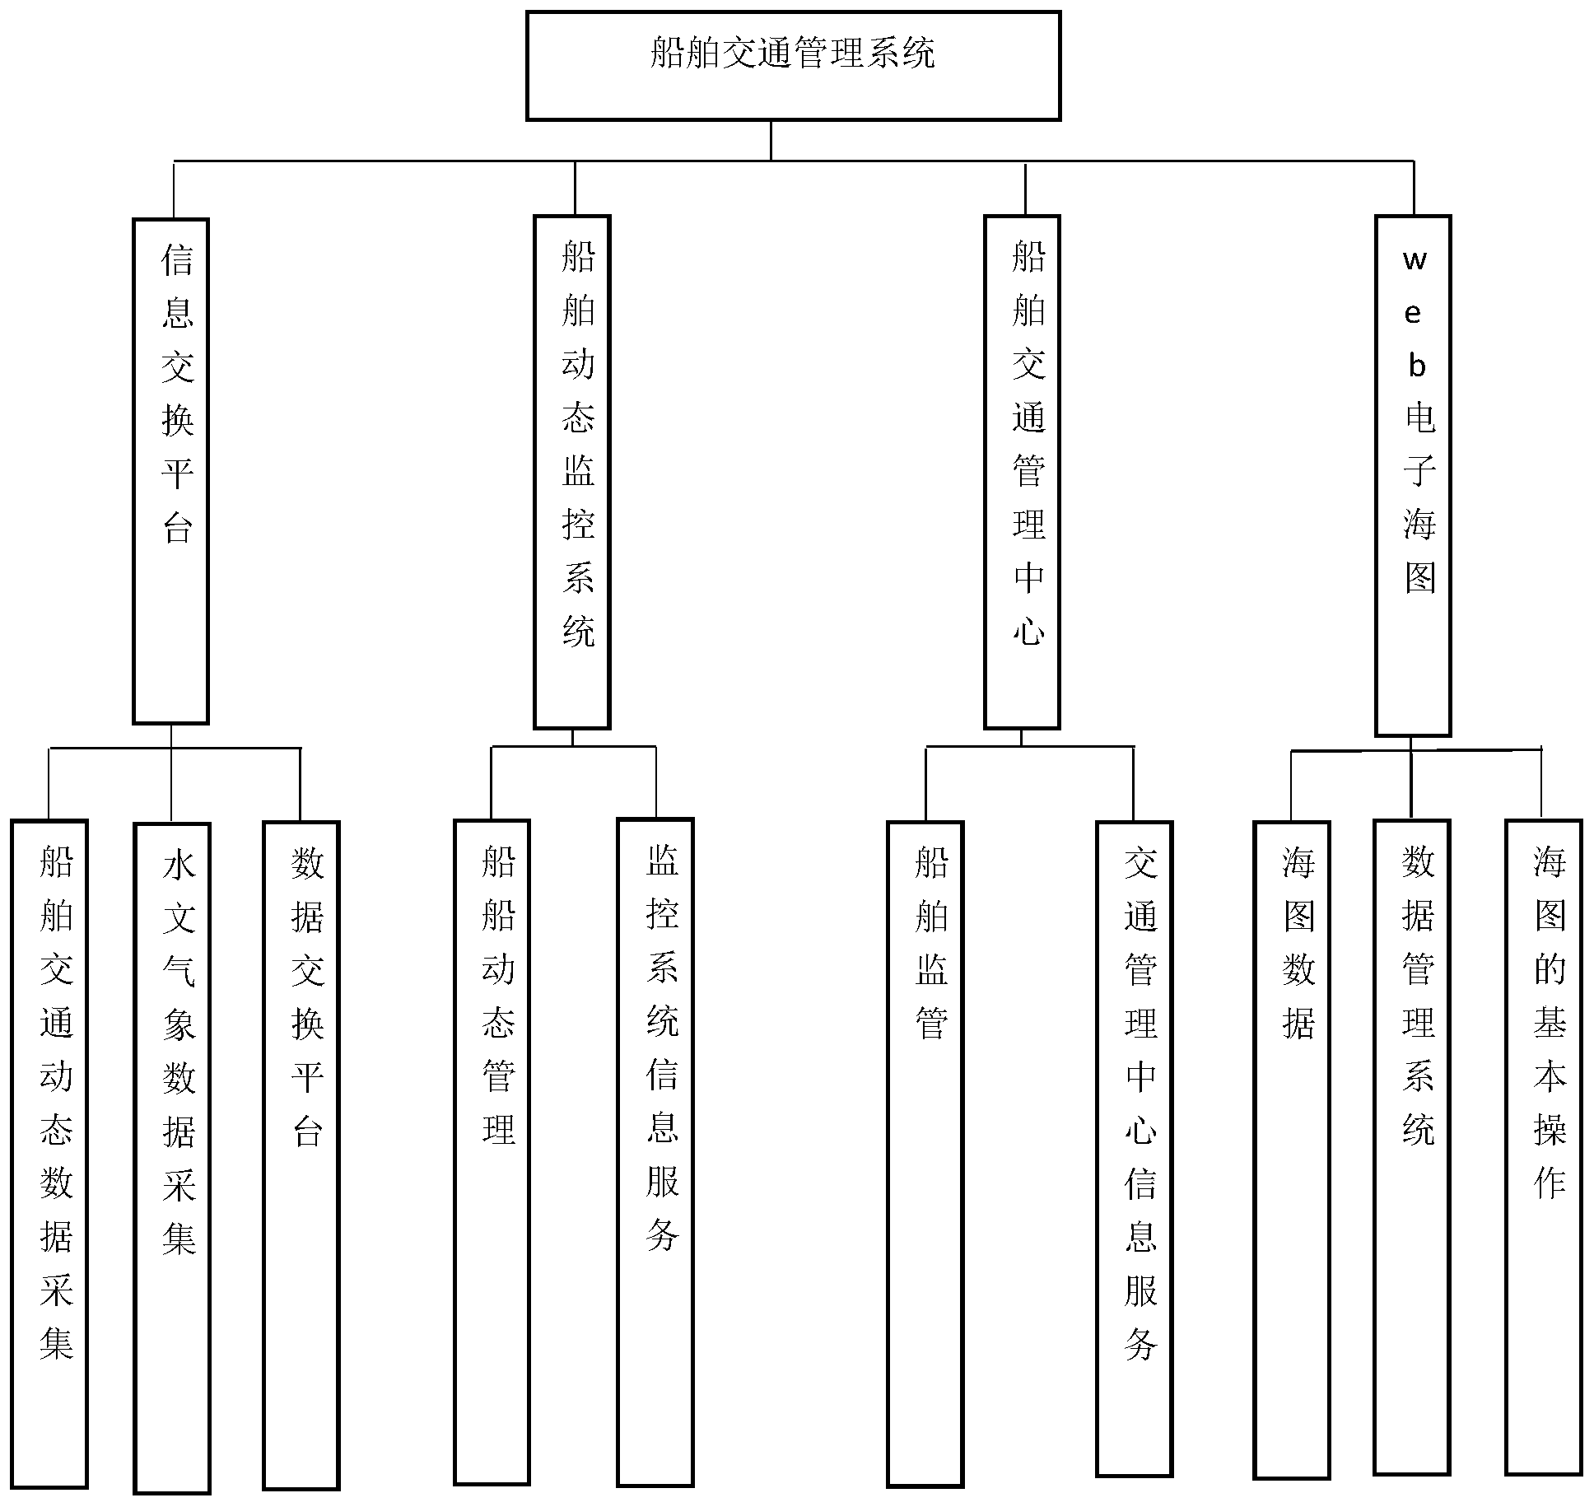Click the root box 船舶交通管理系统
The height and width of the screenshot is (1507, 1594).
[x=793, y=66]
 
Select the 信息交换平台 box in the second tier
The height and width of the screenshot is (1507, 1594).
[x=170, y=471]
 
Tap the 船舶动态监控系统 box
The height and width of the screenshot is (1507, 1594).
[x=571, y=472]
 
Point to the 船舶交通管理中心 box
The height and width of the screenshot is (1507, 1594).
[x=1022, y=472]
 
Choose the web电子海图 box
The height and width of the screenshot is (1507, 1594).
[x=1413, y=475]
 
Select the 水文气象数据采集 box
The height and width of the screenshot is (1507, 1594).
[x=172, y=1157]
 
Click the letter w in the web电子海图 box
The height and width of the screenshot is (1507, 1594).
[x=1415, y=261]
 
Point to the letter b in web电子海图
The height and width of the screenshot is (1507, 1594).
[x=1416, y=366]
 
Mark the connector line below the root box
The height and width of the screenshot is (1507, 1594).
[x=771, y=140]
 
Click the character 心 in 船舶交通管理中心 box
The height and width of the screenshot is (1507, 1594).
[x=1028, y=631]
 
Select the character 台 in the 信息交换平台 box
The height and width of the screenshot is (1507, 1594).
[x=177, y=527]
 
